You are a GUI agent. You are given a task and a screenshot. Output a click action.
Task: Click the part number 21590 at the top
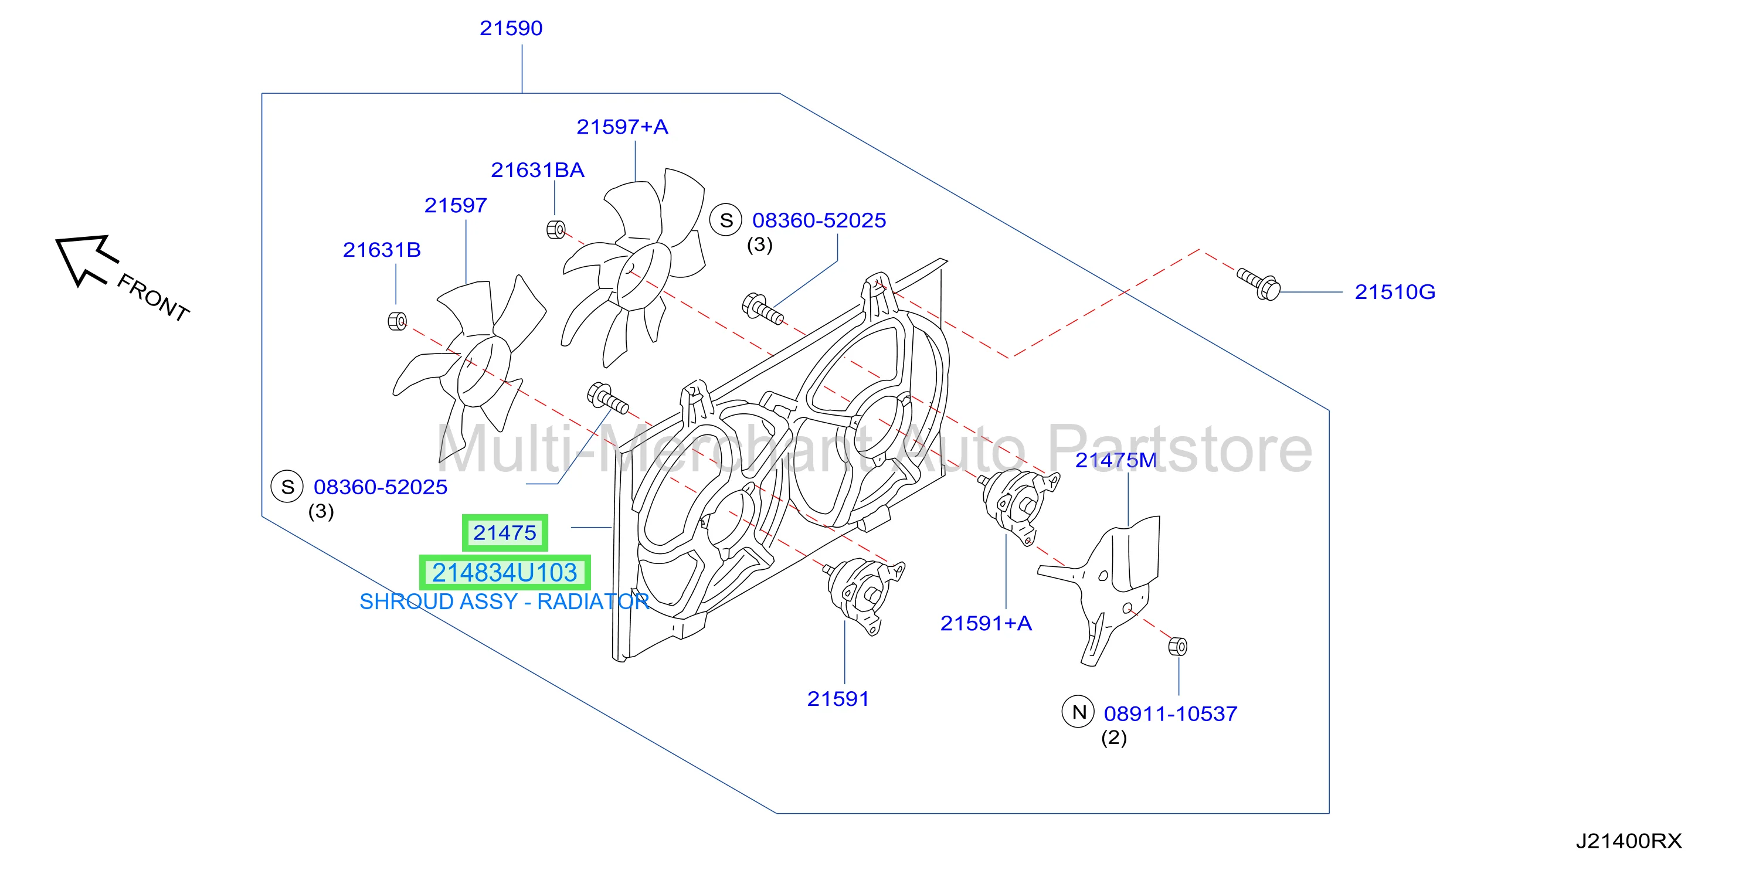pyautogui.click(x=511, y=29)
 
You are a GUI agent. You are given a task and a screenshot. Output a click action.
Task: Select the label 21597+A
pyautogui.click(x=622, y=127)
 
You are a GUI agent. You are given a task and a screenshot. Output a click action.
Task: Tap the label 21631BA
pyautogui.click(x=537, y=171)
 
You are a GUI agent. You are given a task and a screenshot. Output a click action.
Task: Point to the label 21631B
pyautogui.click(x=382, y=250)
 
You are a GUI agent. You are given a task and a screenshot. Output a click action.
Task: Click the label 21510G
pyautogui.click(x=1395, y=293)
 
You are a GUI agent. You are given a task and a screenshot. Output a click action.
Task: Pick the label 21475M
pyautogui.click(x=1116, y=461)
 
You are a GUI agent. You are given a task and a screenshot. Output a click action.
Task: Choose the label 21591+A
pyautogui.click(x=986, y=624)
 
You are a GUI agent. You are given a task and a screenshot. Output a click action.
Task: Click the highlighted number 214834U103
pyautogui.click(x=504, y=573)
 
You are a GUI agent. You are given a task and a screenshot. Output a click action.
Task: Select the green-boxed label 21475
pyautogui.click(x=504, y=533)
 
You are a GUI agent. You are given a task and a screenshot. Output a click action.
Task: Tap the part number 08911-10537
pyautogui.click(x=1170, y=714)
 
